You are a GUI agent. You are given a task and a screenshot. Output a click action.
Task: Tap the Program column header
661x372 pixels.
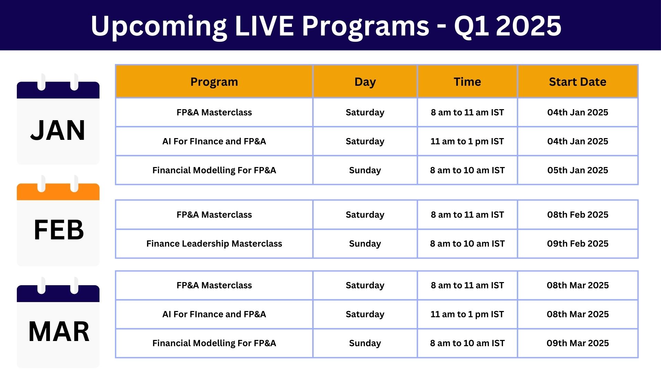click(x=214, y=82)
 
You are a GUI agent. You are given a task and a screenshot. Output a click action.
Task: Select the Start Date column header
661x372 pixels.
click(x=578, y=82)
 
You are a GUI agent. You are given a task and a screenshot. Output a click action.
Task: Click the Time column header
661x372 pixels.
click(x=467, y=82)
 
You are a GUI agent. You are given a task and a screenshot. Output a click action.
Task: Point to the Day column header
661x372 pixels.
click(x=365, y=82)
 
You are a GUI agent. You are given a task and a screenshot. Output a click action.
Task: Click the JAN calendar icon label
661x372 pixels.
click(x=58, y=131)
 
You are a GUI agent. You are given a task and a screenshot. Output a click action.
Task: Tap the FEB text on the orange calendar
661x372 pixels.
click(x=59, y=230)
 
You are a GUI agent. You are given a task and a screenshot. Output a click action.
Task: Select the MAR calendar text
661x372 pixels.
click(x=59, y=331)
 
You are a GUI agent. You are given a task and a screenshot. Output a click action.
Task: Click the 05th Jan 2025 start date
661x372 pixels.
click(x=578, y=170)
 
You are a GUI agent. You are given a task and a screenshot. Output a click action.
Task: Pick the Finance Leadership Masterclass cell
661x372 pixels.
click(x=214, y=244)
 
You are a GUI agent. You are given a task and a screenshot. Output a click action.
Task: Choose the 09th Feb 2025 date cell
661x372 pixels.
click(x=578, y=244)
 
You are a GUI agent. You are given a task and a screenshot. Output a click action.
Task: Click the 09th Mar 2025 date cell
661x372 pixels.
click(x=578, y=343)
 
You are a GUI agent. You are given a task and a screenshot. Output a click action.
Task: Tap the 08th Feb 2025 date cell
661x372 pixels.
click(x=578, y=215)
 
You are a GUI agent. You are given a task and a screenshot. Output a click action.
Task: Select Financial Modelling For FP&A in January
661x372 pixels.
click(x=214, y=170)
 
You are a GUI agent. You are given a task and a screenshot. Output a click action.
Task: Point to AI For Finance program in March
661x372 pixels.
click(x=214, y=314)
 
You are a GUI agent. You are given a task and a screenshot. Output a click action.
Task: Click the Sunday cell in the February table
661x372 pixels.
click(x=365, y=244)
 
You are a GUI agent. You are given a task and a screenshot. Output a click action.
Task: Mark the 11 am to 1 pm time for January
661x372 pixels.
click(x=467, y=141)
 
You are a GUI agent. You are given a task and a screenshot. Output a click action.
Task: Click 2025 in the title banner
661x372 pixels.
click(x=529, y=26)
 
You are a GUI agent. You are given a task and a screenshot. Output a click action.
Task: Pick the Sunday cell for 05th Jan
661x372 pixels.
click(x=365, y=170)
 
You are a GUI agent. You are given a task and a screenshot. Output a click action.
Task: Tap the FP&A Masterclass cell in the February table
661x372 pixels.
click(x=214, y=215)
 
